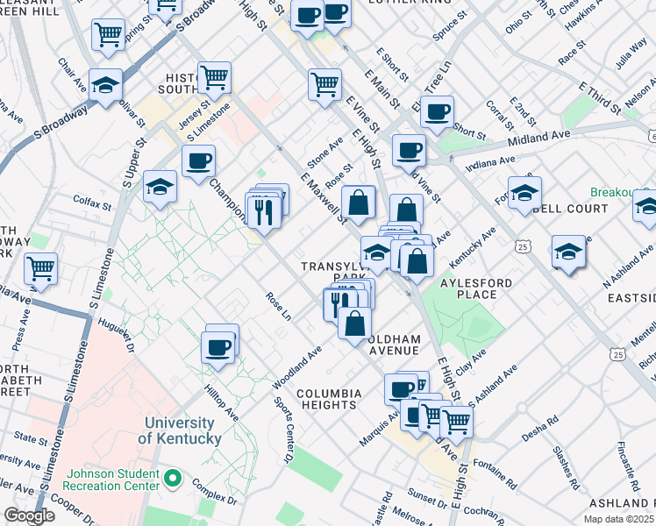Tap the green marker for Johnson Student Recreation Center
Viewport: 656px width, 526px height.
(174, 480)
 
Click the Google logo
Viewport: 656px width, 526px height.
(28, 515)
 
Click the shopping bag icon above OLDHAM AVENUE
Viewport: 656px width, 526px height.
(353, 323)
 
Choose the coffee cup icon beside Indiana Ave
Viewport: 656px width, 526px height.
(408, 150)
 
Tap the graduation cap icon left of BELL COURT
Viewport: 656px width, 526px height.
(524, 193)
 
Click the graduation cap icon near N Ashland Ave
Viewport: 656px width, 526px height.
(568, 252)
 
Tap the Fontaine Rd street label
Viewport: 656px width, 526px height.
(491, 461)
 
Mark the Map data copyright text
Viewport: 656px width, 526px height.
(619, 518)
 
